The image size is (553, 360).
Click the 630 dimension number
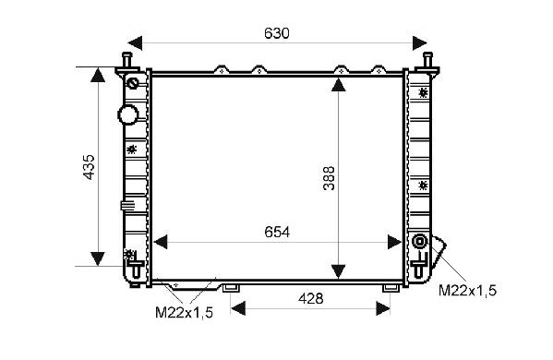pos(277,33)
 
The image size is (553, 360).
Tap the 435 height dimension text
pos(89,167)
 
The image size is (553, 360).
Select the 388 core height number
pos(329,178)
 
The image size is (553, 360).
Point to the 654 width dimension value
pos(277,233)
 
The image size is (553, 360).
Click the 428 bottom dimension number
pos(311,299)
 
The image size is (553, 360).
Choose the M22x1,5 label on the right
pos(467,291)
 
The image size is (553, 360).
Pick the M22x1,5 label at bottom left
pos(184,312)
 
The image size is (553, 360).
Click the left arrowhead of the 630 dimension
pos(135,43)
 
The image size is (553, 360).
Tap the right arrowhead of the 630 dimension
pos(420,43)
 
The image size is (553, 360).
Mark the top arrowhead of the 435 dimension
pos(98,75)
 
